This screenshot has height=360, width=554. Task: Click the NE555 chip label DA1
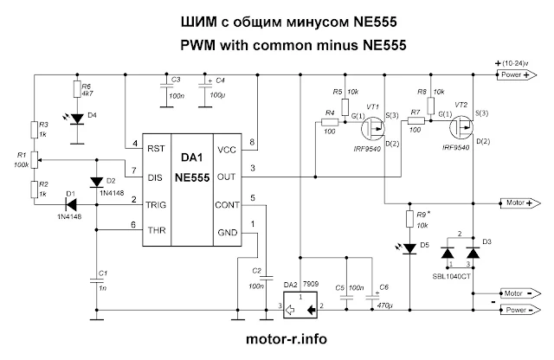(x=192, y=157)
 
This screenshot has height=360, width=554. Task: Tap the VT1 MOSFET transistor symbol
(x=373, y=128)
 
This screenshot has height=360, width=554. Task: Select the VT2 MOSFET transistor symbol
(x=461, y=127)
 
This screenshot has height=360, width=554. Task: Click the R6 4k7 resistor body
(x=77, y=89)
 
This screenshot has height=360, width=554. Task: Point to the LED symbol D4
(x=77, y=119)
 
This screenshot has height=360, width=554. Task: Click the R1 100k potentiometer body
(x=35, y=160)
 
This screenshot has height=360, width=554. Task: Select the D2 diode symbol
(x=96, y=183)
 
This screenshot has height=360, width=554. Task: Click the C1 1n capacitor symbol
(x=96, y=280)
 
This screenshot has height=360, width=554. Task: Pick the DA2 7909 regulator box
(x=300, y=305)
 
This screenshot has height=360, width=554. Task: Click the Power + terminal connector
(x=517, y=75)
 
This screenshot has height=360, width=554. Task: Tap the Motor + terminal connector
(x=520, y=203)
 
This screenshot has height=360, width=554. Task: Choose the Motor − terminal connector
(x=520, y=293)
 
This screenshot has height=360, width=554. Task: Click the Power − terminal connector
(x=520, y=310)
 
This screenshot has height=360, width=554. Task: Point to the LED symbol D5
(x=409, y=248)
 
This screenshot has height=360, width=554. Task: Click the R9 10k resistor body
(x=409, y=219)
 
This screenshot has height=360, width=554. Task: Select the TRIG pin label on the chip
(x=156, y=205)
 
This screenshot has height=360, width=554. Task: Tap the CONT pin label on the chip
(x=227, y=205)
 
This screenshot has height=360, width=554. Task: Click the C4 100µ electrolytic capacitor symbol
(x=204, y=87)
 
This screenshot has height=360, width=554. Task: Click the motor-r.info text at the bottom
(x=287, y=339)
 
